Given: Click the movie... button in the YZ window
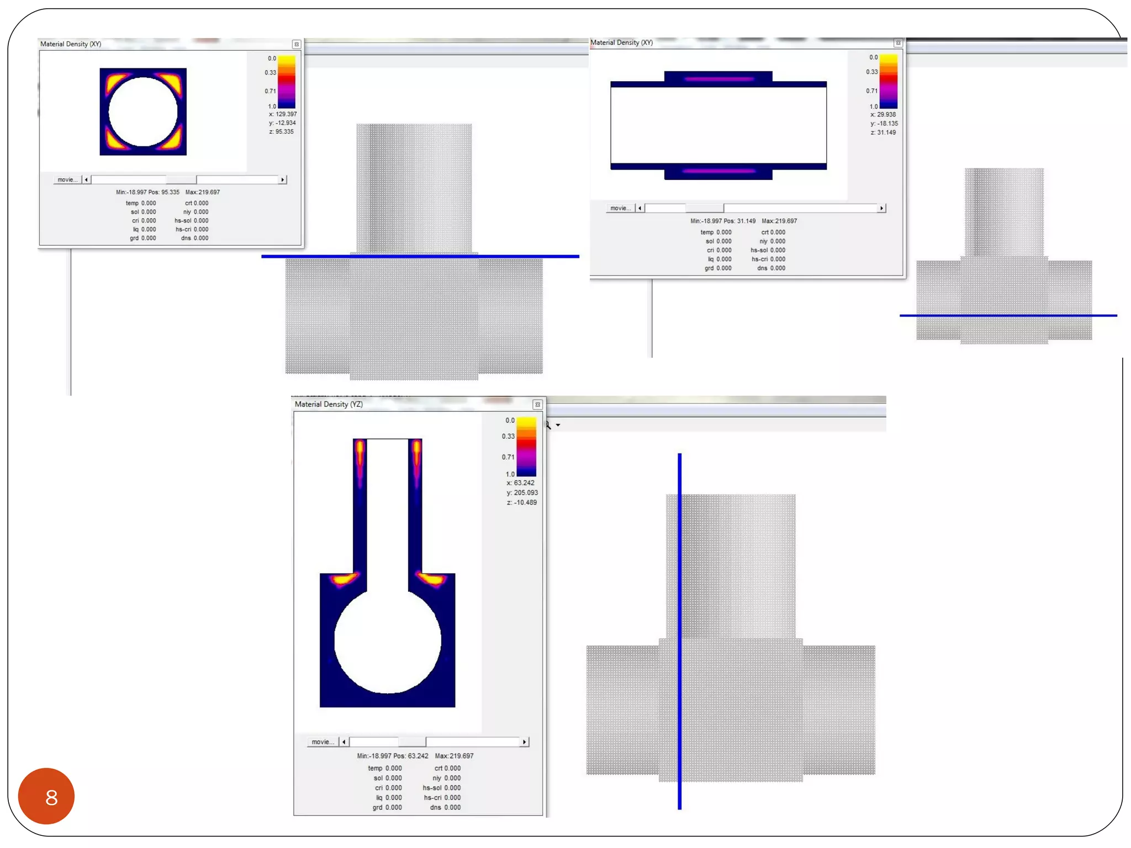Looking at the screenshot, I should (323, 741).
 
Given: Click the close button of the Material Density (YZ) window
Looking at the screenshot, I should (537, 405).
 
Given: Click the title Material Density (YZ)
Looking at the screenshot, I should (329, 404).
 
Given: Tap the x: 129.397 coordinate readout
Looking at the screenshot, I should (282, 114).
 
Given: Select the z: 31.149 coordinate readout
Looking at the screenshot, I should (883, 132).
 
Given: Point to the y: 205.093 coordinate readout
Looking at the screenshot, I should (522, 492).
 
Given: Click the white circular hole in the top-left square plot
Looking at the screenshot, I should (142, 112).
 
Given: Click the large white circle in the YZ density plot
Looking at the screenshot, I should (387, 640).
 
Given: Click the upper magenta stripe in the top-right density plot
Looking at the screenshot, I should (718, 79).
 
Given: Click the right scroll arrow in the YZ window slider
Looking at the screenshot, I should (524, 741).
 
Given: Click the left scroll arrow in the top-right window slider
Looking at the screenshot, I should (640, 208).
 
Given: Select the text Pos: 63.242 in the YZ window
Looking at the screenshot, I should (410, 756).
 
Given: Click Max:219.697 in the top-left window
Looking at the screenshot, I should (203, 192).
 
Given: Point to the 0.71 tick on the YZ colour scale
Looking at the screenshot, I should (508, 457).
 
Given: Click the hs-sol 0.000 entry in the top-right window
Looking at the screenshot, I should (768, 250).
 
